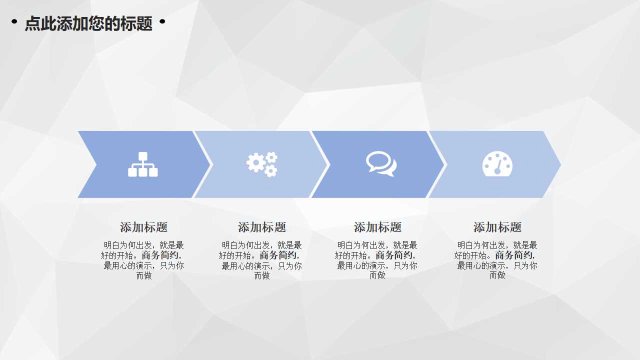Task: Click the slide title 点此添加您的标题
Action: point(88,23)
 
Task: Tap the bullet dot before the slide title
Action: point(14,21)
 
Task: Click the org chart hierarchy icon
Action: point(143,164)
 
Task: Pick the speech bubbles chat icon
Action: point(381,163)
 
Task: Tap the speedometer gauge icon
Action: point(497,164)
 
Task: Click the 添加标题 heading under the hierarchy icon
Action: point(144,227)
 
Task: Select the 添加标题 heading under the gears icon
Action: point(262,227)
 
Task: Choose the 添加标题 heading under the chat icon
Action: point(378,227)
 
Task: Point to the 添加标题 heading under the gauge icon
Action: point(497,227)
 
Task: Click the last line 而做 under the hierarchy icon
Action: point(144,275)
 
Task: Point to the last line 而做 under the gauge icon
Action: point(497,275)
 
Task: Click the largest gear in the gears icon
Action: point(256,163)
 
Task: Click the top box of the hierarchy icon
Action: point(143,155)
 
